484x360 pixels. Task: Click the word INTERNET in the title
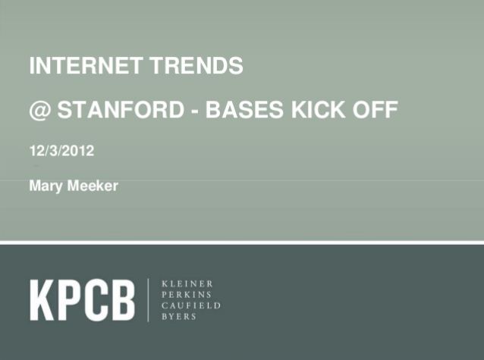(x=77, y=67)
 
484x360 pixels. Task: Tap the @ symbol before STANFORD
(x=40, y=111)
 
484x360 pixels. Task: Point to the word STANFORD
(x=119, y=111)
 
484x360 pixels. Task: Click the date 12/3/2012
(x=61, y=151)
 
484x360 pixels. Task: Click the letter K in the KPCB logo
(x=42, y=299)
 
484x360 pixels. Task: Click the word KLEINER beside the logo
(x=187, y=282)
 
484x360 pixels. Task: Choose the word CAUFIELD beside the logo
(x=192, y=305)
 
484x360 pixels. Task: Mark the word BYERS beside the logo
(x=179, y=316)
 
